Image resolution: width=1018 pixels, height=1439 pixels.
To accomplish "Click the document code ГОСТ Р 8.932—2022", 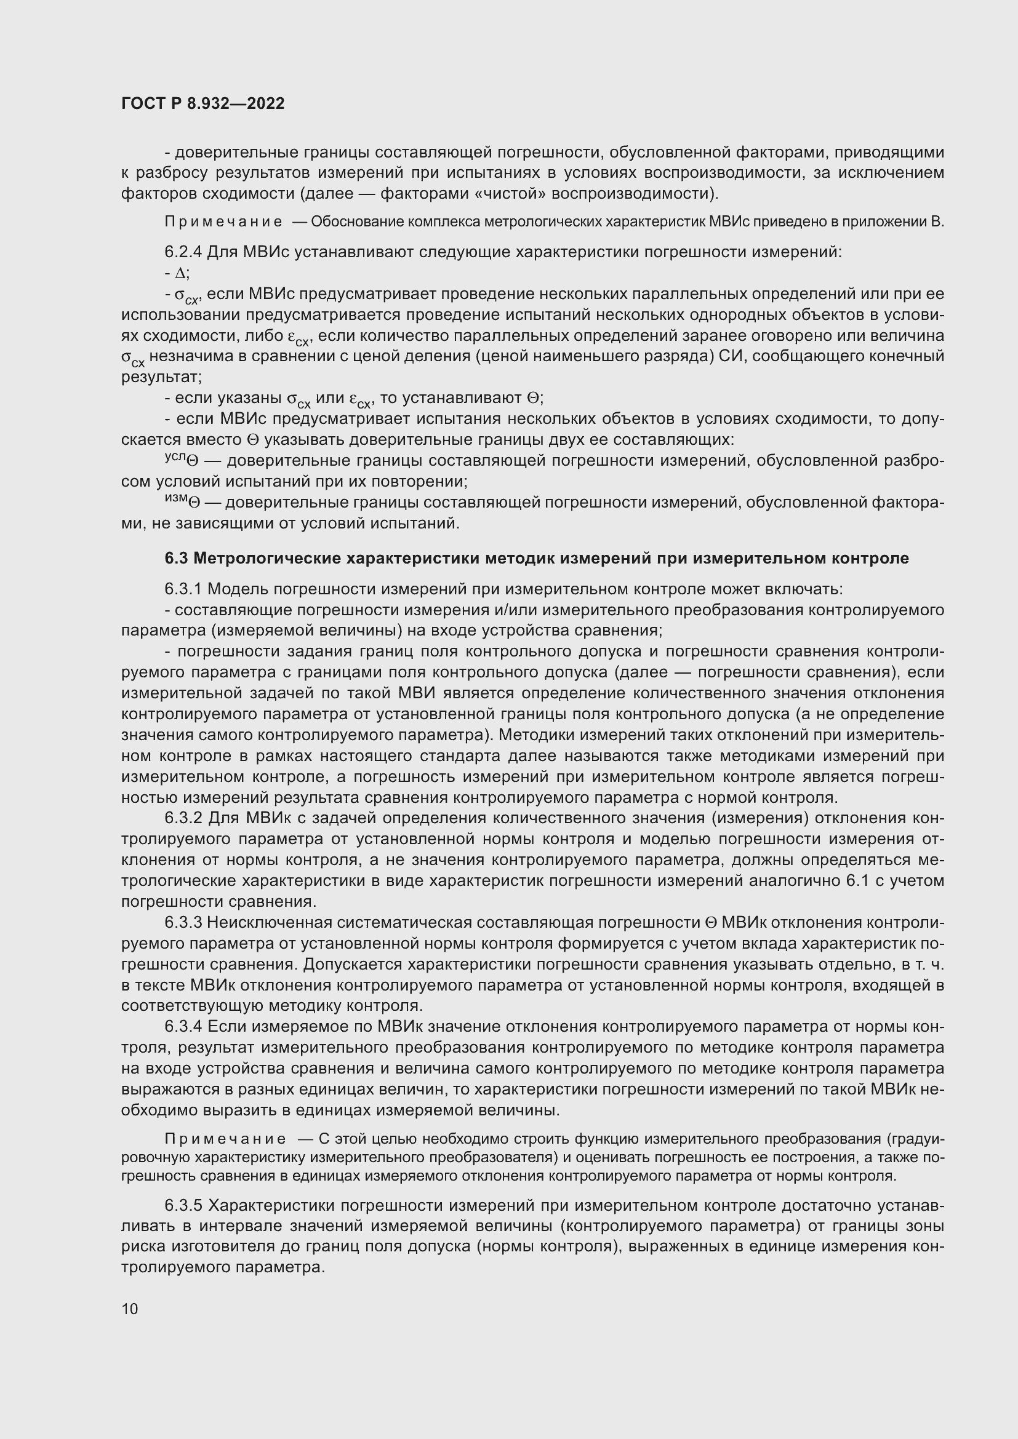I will tap(202, 103).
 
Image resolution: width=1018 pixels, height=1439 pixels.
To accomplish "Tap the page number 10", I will tap(130, 1309).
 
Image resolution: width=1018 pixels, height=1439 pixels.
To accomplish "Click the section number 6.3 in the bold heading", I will tap(177, 559).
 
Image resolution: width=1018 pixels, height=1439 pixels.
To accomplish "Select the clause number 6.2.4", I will tap(183, 252).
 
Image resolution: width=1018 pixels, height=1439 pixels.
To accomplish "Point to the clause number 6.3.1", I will tap(183, 589).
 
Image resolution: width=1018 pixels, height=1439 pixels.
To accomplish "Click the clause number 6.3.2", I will tap(183, 818).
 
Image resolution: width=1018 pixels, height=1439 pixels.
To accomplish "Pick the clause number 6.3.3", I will tap(183, 923).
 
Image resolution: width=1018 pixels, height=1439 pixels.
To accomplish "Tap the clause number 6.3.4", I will tap(183, 1027).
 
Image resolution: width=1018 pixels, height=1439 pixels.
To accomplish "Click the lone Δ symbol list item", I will tap(180, 273).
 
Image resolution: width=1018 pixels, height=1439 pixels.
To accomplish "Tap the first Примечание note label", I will tap(223, 222).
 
